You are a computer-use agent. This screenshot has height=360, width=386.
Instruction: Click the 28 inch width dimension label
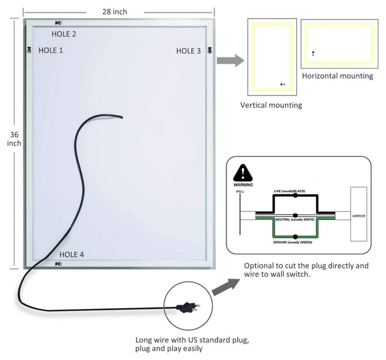click(x=115, y=12)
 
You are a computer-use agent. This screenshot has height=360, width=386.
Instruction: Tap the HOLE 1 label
click(x=50, y=50)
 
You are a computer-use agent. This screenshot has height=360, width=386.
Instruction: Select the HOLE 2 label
click(x=64, y=34)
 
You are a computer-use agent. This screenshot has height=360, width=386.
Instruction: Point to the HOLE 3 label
click(x=188, y=51)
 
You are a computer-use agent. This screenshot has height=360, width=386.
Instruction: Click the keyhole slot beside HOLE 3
click(x=210, y=50)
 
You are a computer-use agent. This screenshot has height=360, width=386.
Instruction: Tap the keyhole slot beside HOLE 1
click(x=29, y=50)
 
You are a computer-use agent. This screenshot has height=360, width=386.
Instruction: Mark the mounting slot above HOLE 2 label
click(x=58, y=23)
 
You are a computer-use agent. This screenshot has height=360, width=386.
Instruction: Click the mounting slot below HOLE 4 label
click(x=58, y=264)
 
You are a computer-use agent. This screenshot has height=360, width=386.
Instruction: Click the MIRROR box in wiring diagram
click(x=358, y=214)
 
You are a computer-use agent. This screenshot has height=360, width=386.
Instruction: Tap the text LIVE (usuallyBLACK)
click(x=289, y=191)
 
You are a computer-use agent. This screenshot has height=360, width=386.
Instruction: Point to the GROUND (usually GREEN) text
click(x=292, y=242)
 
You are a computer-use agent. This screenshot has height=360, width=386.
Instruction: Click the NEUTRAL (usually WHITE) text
click(x=294, y=220)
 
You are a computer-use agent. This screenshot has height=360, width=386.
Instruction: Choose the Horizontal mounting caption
click(x=337, y=76)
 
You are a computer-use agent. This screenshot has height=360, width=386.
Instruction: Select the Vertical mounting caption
click(x=271, y=105)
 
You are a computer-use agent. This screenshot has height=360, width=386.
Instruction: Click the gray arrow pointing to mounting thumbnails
click(x=230, y=60)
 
